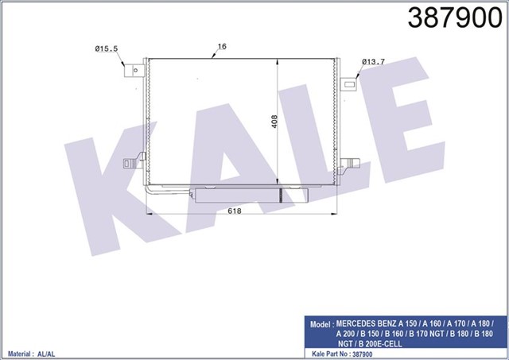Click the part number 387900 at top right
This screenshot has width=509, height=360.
[453, 19]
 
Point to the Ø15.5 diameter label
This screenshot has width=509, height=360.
[107, 49]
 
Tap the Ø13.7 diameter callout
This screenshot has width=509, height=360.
[374, 61]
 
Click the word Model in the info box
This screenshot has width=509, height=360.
[321, 325]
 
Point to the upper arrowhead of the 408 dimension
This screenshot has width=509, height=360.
[277, 62]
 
